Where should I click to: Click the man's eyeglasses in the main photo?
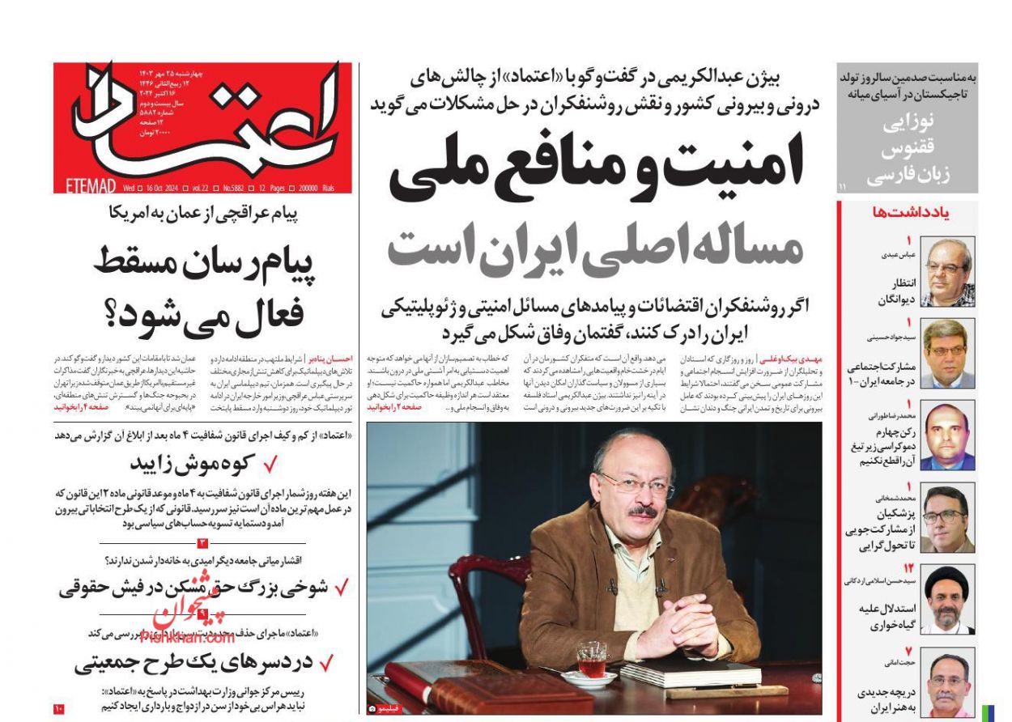click(x=636, y=485)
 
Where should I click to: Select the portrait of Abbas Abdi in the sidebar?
click(x=948, y=271)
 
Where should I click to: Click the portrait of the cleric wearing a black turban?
click(x=948, y=600)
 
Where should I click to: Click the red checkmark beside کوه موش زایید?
click(x=271, y=464)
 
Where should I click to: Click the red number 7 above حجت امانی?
click(x=909, y=651)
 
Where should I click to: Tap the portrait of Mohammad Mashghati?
click(x=948, y=518)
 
